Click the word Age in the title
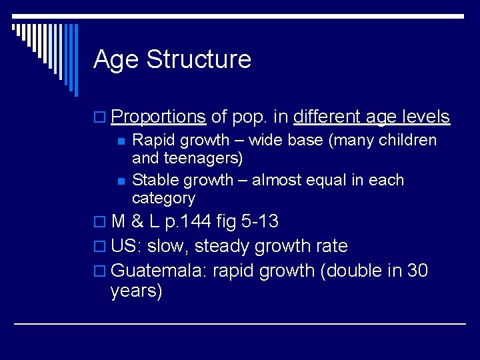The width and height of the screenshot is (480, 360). click(117, 60)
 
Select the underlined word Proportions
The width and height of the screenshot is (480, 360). click(158, 117)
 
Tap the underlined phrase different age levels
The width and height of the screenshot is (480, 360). click(371, 117)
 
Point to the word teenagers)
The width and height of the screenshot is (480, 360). click(203, 159)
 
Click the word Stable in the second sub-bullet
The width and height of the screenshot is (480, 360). click(153, 180)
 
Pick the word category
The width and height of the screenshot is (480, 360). click(163, 199)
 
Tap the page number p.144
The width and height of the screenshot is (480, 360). click(202, 222)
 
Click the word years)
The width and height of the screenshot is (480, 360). click(136, 291)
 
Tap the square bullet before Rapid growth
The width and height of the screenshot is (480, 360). click(120, 141)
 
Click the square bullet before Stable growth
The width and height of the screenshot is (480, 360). click(120, 181)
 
